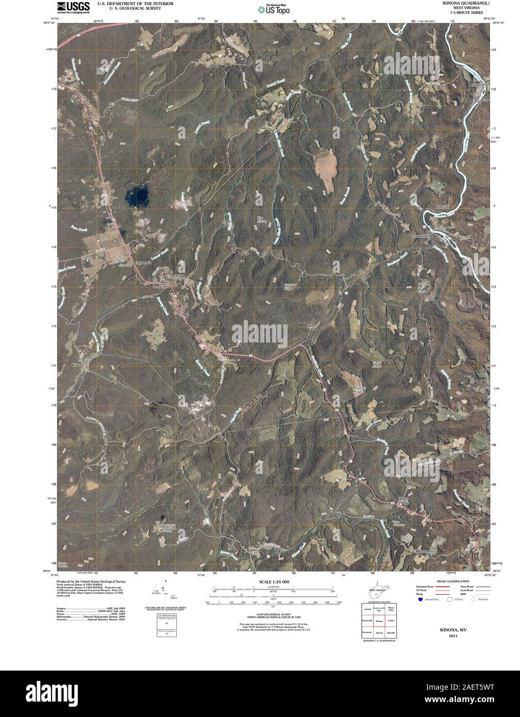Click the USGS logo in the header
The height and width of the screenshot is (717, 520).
point(70,7)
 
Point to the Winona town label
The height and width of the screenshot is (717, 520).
point(77,365)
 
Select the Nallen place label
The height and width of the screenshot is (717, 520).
point(477,85)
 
